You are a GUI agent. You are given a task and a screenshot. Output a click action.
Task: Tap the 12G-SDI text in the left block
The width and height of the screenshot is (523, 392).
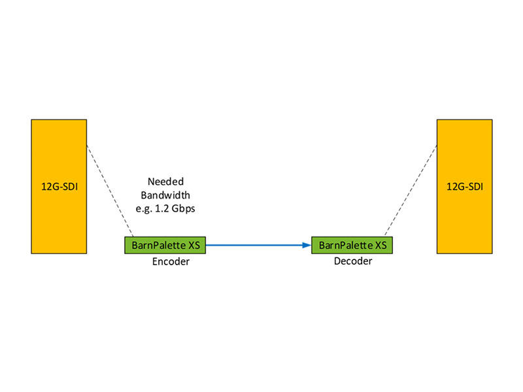[59, 186]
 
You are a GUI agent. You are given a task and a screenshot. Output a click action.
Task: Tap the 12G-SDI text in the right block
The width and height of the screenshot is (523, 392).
[465, 186]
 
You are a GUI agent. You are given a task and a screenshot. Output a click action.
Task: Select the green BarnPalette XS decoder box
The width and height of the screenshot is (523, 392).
[352, 246]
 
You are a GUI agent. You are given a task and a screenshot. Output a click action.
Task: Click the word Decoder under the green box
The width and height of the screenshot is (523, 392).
[352, 261]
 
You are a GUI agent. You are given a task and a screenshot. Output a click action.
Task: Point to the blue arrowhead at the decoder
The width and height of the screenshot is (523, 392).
[307, 246]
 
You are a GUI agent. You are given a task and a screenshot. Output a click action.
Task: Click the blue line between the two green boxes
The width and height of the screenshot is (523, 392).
[255, 246]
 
